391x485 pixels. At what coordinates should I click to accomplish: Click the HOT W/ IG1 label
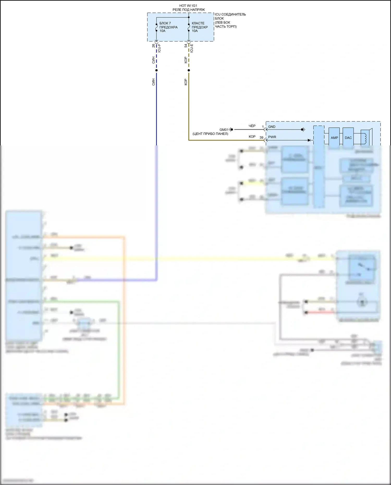pos(188,5)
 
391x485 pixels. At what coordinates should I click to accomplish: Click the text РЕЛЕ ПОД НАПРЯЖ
pos(188,10)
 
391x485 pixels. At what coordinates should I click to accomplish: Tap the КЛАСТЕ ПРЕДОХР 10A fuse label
pos(200,27)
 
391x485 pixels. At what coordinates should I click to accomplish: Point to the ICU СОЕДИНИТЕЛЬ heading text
pos(230,14)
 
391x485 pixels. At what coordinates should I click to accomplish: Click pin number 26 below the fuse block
pos(153,46)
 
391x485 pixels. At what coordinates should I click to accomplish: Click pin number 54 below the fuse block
pos(186,46)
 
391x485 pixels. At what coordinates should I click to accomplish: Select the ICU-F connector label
pos(160,48)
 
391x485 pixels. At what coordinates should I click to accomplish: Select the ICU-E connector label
pos(192,48)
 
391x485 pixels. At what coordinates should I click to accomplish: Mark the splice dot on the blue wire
pos(156,70)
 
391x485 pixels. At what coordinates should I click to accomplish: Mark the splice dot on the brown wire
pos(189,70)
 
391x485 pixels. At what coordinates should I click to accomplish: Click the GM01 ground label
pos(224,130)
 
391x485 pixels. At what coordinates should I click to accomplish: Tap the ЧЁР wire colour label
pos(252,126)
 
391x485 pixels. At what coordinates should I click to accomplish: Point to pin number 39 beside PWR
pos(261,137)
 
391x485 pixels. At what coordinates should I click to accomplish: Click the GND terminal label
pos(272,127)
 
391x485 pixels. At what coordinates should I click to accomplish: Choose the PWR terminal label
pos(272,137)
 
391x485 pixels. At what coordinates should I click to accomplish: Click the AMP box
pos(334,138)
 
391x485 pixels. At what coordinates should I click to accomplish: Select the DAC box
pos(348,138)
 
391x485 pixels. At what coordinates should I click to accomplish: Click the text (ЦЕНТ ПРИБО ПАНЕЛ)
pos(210,134)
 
